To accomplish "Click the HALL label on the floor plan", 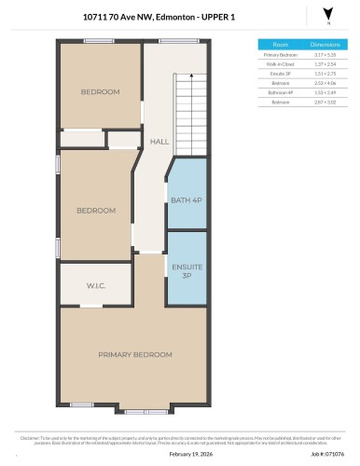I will click(159, 141).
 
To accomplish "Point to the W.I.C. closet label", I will click(96, 286).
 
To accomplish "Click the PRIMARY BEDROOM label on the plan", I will click(135, 355).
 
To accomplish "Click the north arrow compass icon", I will click(326, 14).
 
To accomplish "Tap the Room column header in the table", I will click(280, 44).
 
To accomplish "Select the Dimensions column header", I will click(324, 44).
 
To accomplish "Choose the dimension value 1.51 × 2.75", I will click(324, 74).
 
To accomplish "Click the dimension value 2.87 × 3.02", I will click(324, 102).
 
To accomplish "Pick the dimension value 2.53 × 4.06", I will click(324, 83).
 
